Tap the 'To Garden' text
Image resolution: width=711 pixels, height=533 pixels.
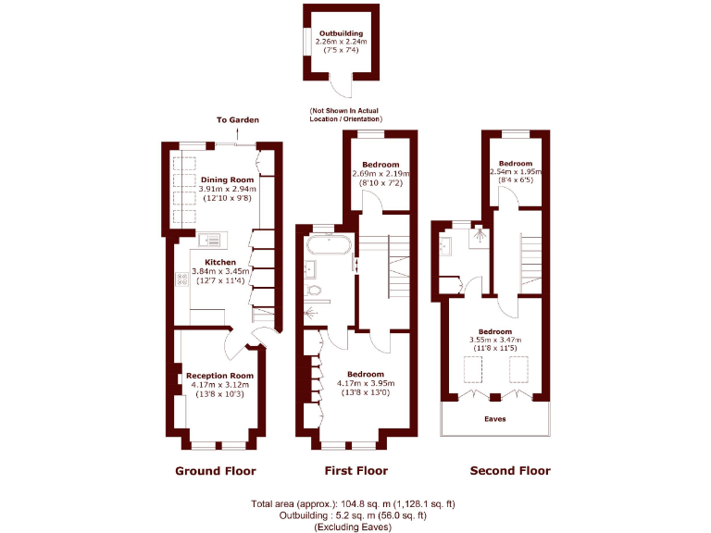point(238,120)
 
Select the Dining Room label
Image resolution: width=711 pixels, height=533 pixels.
point(227,180)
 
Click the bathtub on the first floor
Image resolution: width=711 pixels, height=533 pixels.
point(327,247)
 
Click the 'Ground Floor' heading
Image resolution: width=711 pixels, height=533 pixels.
point(216,471)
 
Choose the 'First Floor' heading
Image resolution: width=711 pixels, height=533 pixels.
point(356,471)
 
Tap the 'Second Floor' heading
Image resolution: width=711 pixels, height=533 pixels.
point(510,471)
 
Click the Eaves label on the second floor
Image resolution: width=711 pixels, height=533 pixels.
point(495,418)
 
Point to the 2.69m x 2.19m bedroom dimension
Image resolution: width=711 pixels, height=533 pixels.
point(380,174)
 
